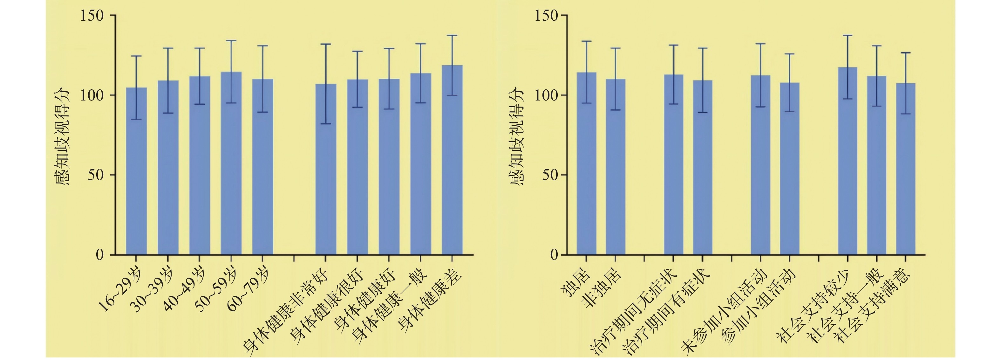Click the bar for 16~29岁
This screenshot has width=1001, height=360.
(136, 171)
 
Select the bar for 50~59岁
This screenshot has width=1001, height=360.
(231, 163)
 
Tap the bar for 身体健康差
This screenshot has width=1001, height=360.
(452, 160)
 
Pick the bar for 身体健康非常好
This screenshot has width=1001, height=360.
(326, 169)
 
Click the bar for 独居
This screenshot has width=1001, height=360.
(586, 163)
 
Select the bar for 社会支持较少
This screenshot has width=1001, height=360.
(848, 161)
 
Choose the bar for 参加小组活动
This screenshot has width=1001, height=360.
(790, 169)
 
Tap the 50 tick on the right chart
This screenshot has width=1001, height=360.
(551, 175)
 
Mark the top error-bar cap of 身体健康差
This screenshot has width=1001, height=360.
(452, 35)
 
